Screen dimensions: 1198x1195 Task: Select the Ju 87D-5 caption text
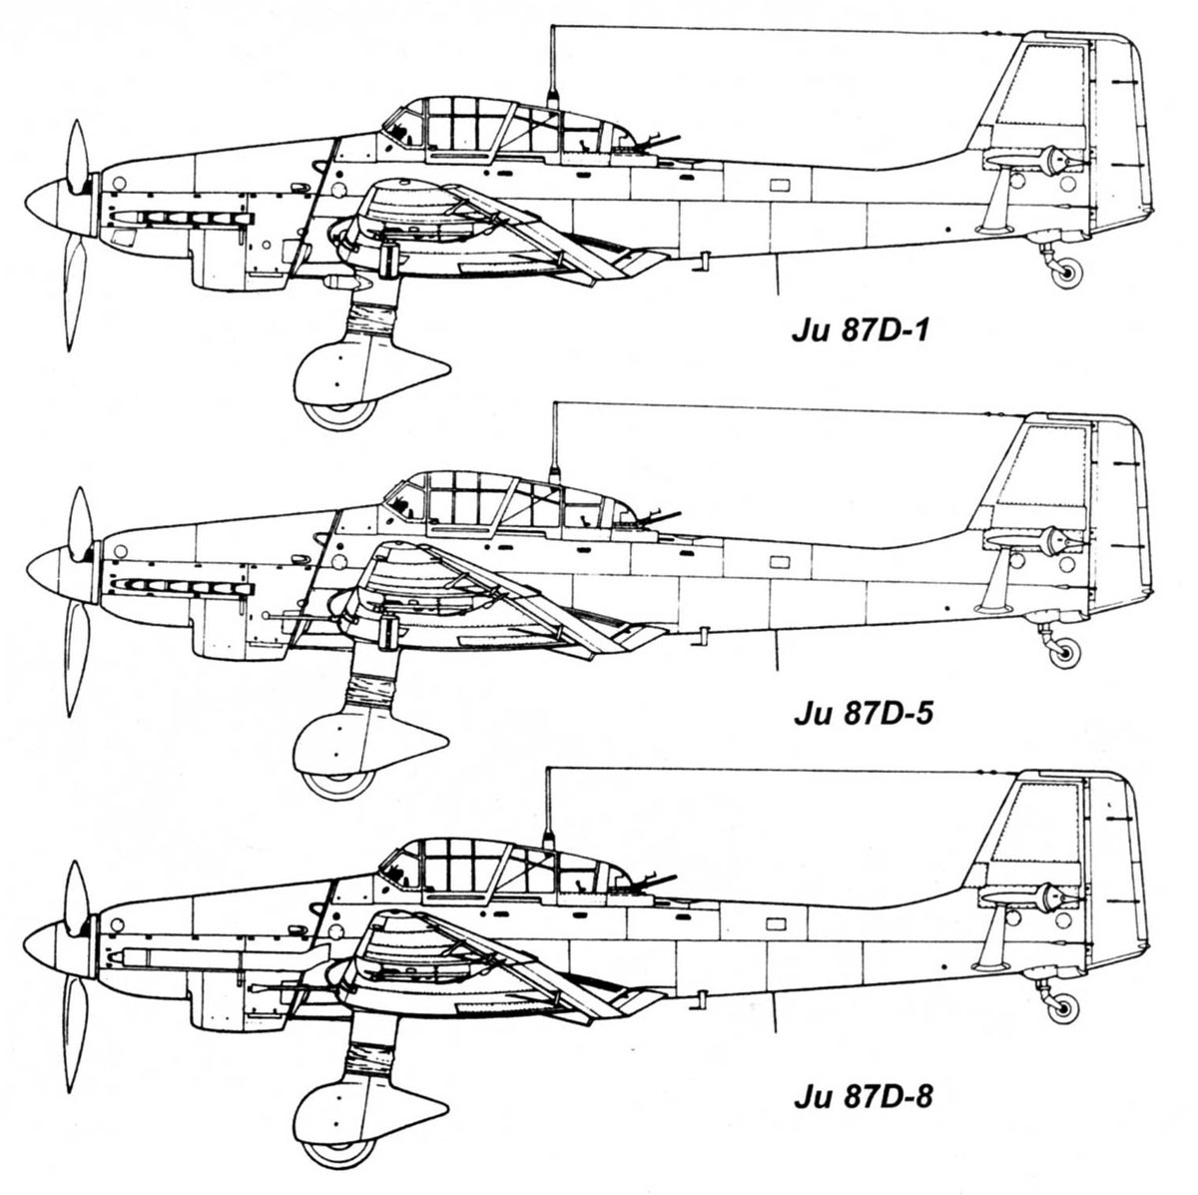click(863, 714)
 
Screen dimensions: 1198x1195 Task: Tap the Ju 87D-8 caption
click(863, 1096)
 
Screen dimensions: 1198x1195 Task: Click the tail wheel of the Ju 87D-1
click(1067, 273)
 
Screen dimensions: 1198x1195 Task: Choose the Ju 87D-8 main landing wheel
click(338, 1151)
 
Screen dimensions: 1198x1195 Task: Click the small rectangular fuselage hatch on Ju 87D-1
click(779, 185)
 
